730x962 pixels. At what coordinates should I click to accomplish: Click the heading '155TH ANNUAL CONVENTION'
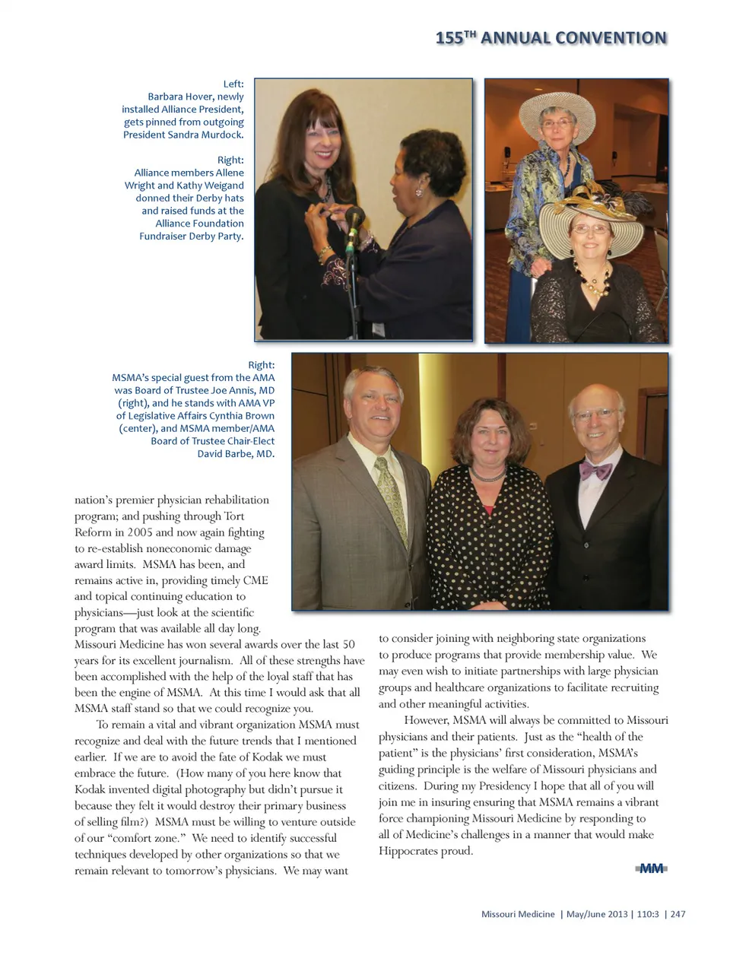click(x=551, y=38)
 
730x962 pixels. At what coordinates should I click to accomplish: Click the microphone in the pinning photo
click(x=354, y=220)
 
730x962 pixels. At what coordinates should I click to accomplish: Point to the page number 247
click(x=678, y=914)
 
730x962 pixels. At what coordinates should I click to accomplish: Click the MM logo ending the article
click(x=652, y=868)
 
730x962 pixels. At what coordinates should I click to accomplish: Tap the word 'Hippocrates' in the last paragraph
click(x=410, y=850)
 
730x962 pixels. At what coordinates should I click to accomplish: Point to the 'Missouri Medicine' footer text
click(x=518, y=914)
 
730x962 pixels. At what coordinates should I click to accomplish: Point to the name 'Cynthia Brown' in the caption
click(x=240, y=416)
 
